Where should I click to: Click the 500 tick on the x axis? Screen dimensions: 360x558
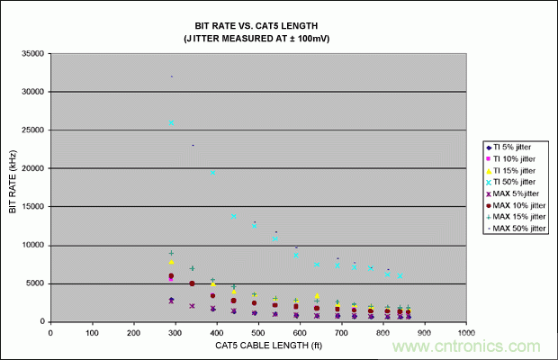[258, 333]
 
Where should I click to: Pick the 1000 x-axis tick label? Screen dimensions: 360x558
[466, 333]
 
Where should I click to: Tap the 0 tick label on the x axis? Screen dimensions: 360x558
[50, 333]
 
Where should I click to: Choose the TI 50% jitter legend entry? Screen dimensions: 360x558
[517, 182]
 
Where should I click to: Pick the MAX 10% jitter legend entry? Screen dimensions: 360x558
[520, 206]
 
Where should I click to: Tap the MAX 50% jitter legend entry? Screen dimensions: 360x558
[520, 229]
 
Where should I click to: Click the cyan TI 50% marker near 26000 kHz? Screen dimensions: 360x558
[171, 122]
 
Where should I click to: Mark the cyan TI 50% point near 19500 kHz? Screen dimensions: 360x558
[213, 172]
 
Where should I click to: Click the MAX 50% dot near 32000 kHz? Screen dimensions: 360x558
[171, 76]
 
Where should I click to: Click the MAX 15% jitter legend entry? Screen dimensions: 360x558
[520, 217]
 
